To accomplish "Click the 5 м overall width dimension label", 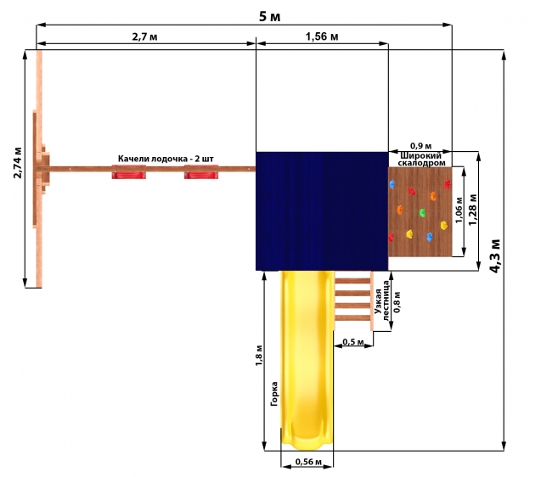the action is (270, 16).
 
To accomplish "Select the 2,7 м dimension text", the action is (144, 36).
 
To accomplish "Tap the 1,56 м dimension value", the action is (322, 36).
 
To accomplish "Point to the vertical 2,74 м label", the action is (18, 163).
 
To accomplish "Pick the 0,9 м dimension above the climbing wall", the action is (420, 146).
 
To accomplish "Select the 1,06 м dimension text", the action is (459, 210).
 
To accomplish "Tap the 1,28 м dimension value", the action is (473, 210).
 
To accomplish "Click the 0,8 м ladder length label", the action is (397, 302).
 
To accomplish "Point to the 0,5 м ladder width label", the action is (353, 342).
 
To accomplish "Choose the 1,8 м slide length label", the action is (259, 356).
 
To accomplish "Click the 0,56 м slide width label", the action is (308, 462).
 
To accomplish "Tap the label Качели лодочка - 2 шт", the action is (166, 159).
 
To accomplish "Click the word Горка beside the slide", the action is (274, 394).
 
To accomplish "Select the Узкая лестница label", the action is (382, 301).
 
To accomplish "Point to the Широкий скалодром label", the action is (421, 160).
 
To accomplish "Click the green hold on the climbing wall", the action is (422, 213).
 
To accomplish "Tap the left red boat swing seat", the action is (129, 175).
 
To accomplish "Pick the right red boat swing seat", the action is (201, 175).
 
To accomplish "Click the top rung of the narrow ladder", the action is (352, 281).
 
